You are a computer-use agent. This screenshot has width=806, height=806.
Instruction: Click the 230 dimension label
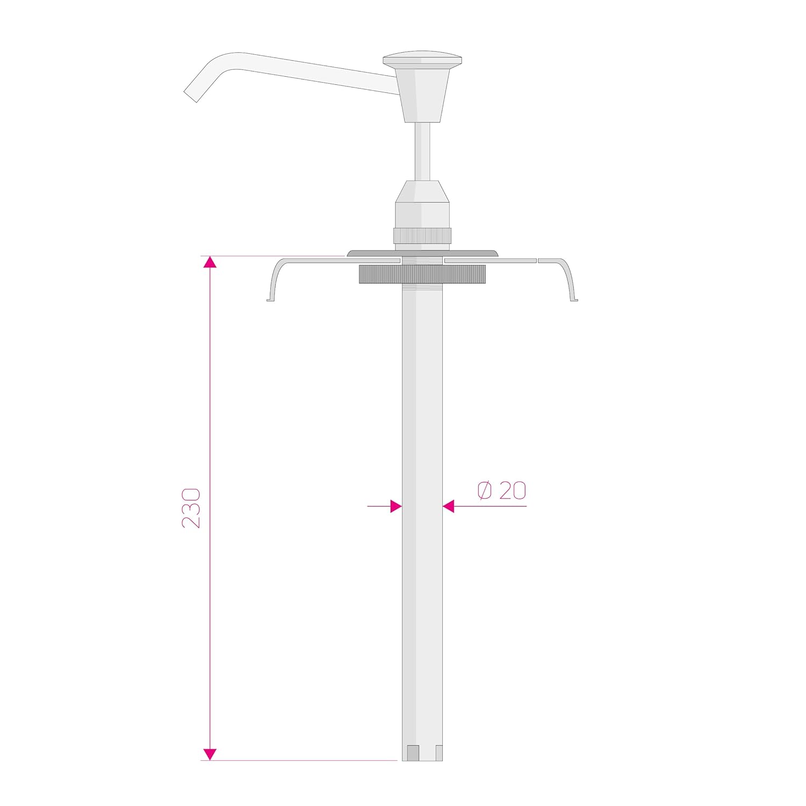point(191,508)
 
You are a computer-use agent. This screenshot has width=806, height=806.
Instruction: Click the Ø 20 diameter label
point(502,490)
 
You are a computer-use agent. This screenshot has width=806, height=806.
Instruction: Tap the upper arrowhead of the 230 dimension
point(210,262)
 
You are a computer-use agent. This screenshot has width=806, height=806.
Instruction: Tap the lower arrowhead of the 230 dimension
point(210,754)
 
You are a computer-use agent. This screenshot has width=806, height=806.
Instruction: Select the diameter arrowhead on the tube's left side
point(396,506)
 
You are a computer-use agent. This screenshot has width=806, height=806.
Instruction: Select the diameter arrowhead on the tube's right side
point(449,506)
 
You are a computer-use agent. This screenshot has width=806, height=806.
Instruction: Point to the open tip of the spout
point(191,96)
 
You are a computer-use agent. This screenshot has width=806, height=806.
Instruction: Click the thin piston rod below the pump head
point(422,152)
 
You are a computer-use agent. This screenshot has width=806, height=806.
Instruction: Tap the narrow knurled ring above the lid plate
point(422,235)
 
